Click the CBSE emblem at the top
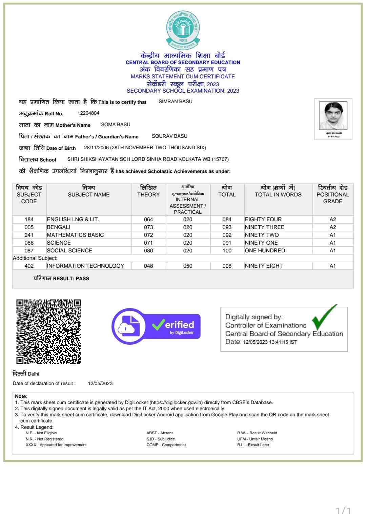tap(183, 30)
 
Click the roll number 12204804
tap(88, 113)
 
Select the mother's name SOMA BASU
tap(116, 125)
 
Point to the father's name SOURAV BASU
tap(169, 136)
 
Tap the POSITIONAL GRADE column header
tap(333, 195)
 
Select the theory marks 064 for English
tap(148, 220)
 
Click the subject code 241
tap(29, 235)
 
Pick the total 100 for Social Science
tap(227, 251)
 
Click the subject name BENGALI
tap(59, 227)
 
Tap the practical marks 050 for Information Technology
tap(188, 266)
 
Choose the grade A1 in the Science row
tap(333, 243)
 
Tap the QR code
tap(49, 331)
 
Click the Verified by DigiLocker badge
tap(156, 326)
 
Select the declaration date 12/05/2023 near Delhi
tap(100, 383)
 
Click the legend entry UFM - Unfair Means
tap(255, 439)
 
